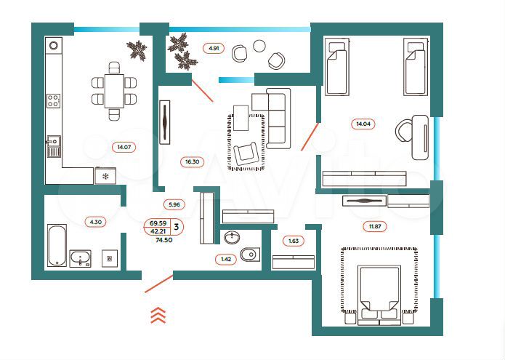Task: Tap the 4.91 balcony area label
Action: point(214,49)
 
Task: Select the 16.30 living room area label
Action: point(190,163)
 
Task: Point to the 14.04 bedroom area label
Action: point(363,124)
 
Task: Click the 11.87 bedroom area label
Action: point(375,226)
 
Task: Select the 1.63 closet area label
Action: point(294,240)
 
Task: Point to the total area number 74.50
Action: point(164,240)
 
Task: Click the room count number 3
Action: point(178,227)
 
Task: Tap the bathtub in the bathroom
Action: point(56,245)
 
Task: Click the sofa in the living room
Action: point(277,118)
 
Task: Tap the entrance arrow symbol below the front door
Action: point(158,314)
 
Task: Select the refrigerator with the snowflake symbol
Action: point(105,176)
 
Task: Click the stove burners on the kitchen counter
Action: point(53,101)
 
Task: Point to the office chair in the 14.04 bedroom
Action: point(403,132)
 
